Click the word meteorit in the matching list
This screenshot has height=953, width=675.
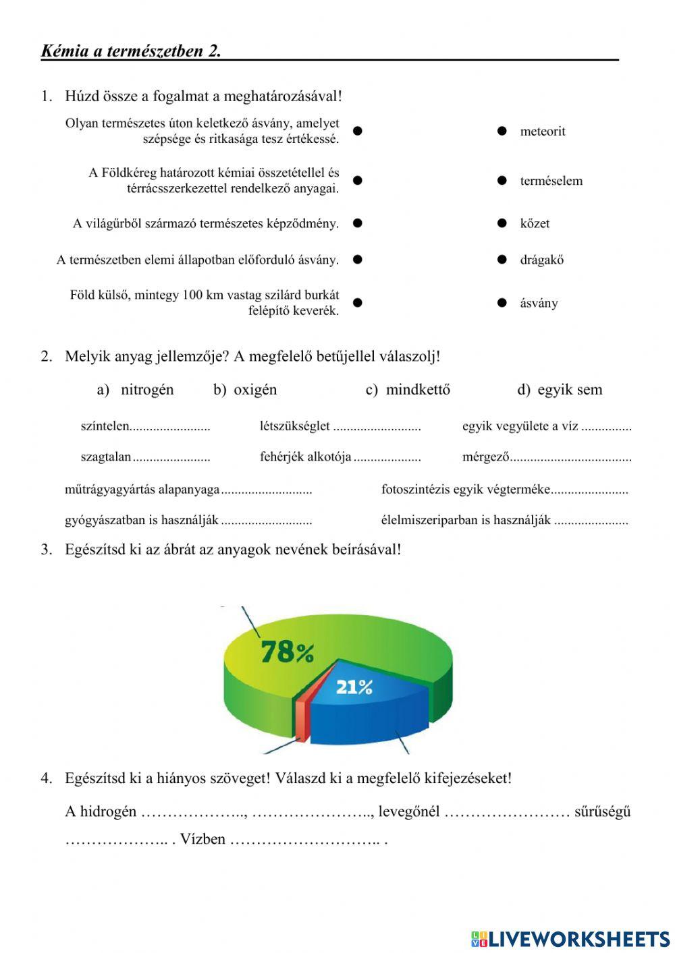(x=542, y=132)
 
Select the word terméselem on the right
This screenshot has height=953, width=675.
(x=551, y=181)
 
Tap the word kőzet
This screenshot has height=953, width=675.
(x=535, y=223)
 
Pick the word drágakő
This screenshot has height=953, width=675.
(x=541, y=260)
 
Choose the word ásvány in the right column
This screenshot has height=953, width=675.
(x=539, y=303)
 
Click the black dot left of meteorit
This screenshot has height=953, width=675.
(x=502, y=132)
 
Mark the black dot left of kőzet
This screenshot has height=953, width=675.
(x=502, y=223)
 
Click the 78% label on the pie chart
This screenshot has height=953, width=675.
(x=287, y=652)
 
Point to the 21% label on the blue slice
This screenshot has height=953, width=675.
(x=354, y=687)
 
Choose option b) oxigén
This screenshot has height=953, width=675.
(x=245, y=390)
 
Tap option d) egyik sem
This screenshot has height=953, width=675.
(x=560, y=390)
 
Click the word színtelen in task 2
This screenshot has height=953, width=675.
(x=105, y=426)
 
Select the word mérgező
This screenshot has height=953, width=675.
(x=485, y=457)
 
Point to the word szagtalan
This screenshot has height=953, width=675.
(x=106, y=457)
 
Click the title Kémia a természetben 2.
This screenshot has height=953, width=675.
(x=131, y=51)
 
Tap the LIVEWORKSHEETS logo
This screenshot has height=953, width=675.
(x=570, y=938)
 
